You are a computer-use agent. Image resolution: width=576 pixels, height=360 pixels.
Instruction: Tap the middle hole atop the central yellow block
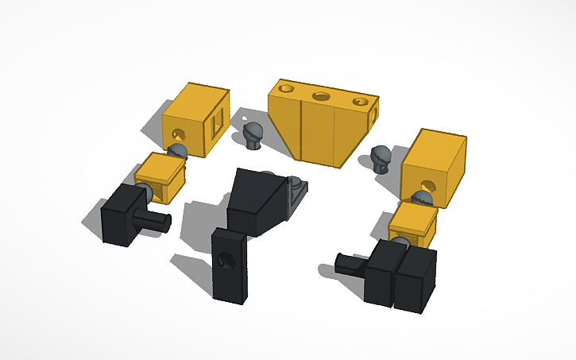pyautogui.click(x=321, y=96)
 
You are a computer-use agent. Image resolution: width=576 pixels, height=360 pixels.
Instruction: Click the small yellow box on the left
pyautogui.click(x=160, y=176)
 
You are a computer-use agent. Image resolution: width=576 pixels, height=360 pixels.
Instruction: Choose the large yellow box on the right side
pyautogui.click(x=433, y=167)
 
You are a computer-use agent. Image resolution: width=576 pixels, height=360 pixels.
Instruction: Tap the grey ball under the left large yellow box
pyautogui.click(x=178, y=151)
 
